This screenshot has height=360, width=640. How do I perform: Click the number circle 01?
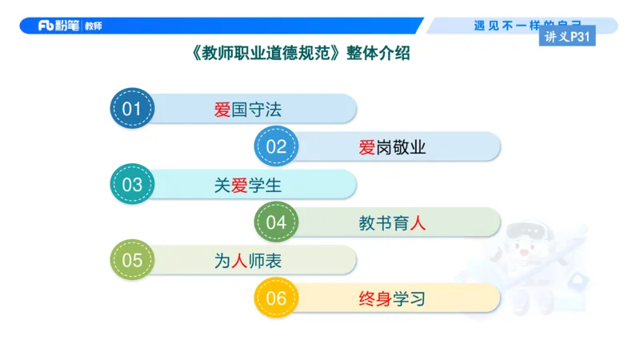[x=131, y=109]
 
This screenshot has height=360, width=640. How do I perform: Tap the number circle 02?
[x=276, y=146]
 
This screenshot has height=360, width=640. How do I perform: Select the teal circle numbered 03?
[x=131, y=185]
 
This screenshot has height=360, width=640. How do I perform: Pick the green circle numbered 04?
[x=276, y=222]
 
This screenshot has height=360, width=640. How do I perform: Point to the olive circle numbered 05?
[x=131, y=260]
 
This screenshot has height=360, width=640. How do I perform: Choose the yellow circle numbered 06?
[x=276, y=298]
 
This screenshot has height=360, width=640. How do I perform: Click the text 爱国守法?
[x=248, y=110]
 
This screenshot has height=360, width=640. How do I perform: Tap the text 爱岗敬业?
[x=392, y=147]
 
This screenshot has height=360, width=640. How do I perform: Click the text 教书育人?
[x=392, y=223]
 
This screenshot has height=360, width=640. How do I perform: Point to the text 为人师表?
[x=248, y=261]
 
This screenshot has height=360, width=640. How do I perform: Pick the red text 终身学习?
[x=392, y=299]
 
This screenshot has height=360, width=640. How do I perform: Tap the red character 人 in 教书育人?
[x=418, y=223]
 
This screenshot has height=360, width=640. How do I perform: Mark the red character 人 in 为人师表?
[x=239, y=261]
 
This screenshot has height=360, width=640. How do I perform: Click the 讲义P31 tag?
[x=566, y=36]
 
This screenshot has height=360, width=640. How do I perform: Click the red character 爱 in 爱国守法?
[x=222, y=110]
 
